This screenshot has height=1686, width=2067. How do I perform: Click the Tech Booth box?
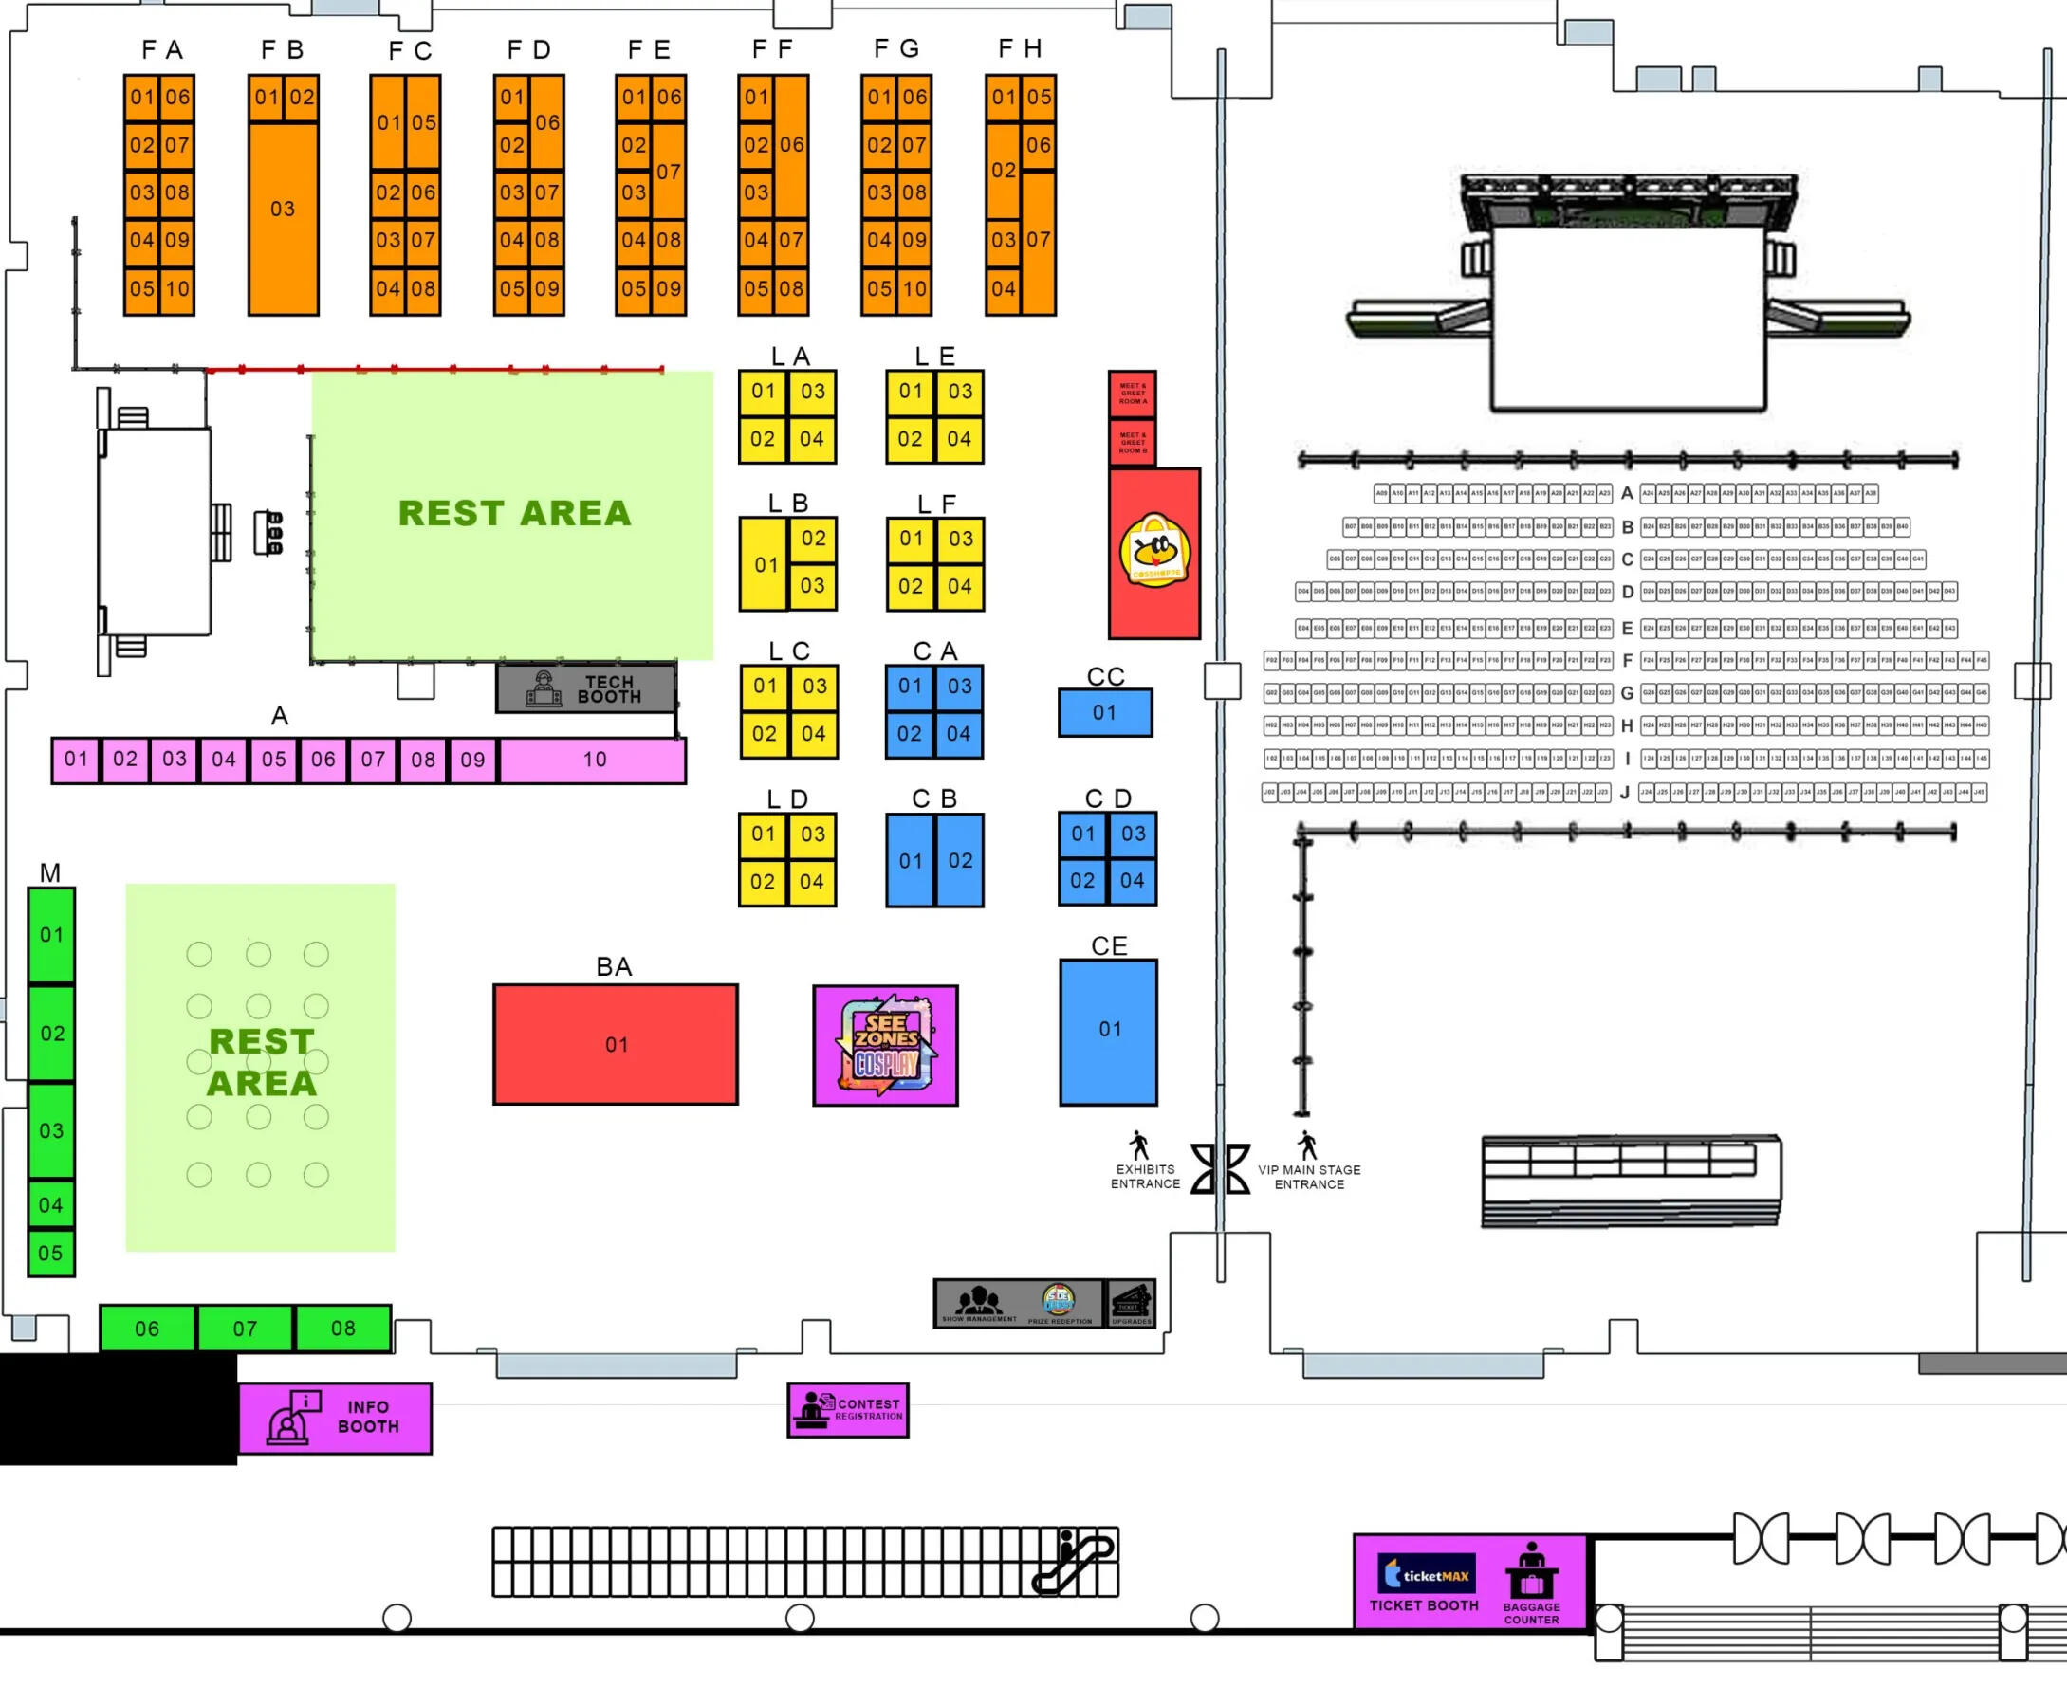(x=585, y=688)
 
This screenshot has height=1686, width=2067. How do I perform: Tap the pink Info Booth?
(x=335, y=1417)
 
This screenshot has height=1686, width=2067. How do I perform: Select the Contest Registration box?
(x=848, y=1409)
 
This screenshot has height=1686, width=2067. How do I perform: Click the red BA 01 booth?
(x=615, y=1044)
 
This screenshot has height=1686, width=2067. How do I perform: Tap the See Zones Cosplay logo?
(x=885, y=1045)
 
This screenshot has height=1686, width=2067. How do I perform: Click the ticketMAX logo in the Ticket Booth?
(x=1425, y=1575)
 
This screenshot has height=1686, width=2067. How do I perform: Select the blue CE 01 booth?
(x=1108, y=1032)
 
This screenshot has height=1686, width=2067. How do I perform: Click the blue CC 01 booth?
(x=1104, y=713)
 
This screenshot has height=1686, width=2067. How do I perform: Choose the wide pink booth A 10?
(x=594, y=760)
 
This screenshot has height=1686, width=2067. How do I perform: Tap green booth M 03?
(x=51, y=1130)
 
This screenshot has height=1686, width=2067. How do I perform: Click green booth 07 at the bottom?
(x=245, y=1328)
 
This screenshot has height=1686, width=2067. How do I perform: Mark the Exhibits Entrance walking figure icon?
(x=1139, y=1145)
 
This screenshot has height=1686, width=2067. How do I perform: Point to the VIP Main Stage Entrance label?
(x=1309, y=1177)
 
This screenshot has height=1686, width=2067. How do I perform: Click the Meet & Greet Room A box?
(x=1133, y=394)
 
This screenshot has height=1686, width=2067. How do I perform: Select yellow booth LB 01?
(x=766, y=564)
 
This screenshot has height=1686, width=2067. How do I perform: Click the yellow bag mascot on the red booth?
(x=1154, y=551)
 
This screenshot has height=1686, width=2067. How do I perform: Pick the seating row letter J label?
(x=1625, y=793)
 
